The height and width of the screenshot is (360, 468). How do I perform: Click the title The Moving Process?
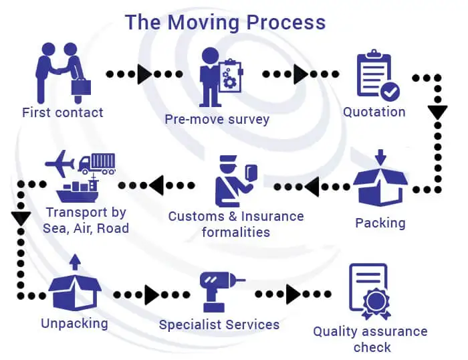click(225, 22)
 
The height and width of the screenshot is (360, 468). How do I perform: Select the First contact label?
click(63, 112)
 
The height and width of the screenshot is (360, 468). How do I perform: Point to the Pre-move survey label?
click(217, 120)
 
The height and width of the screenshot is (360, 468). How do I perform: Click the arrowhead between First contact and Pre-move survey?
click(144, 74)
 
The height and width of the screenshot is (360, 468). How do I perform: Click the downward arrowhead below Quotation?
click(437, 111)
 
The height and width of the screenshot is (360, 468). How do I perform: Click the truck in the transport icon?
click(97, 163)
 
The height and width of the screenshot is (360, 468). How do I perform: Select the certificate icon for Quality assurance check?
click(368, 291)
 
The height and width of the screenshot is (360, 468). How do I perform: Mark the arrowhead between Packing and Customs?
click(312, 188)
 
